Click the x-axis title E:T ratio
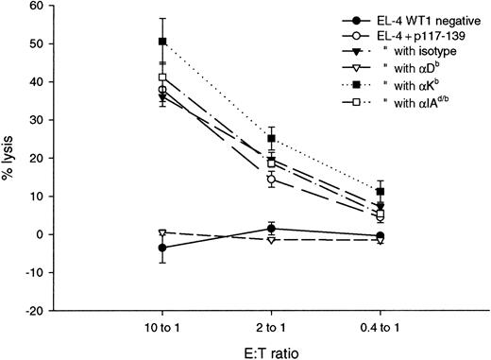coord(271,350)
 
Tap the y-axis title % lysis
coord(10,159)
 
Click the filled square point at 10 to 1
coord(162,42)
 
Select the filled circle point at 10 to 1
coord(162,248)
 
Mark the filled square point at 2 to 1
coord(271,139)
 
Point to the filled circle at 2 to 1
coord(271,229)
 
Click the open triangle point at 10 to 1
coord(162,232)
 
